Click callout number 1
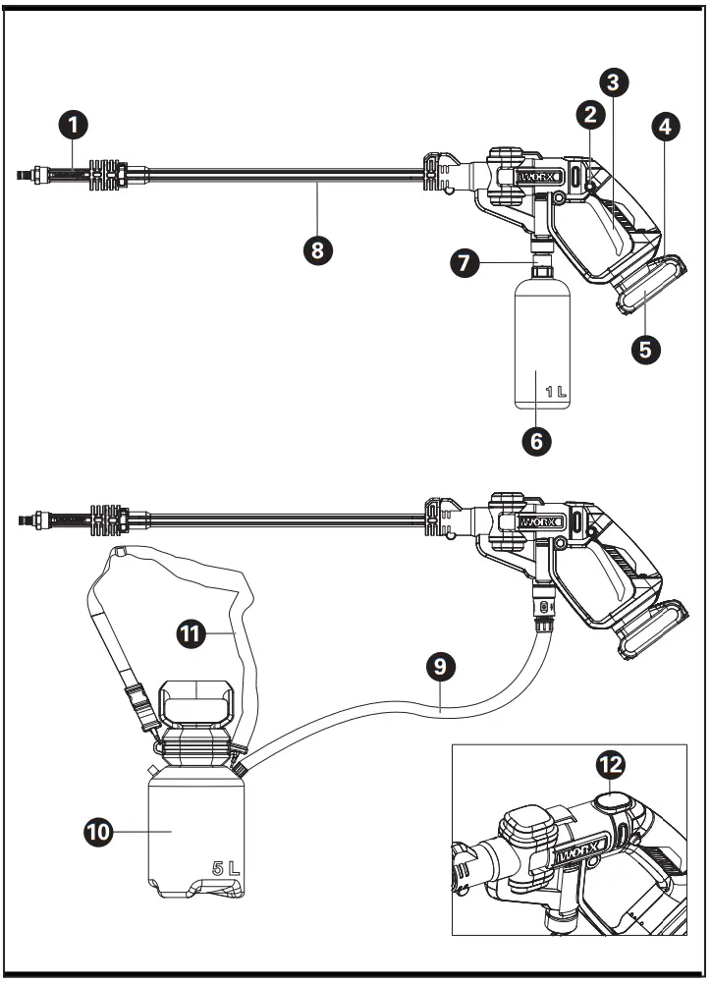[x=72, y=125]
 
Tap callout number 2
[x=589, y=114]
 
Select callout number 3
[x=615, y=83]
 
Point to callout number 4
[x=666, y=127]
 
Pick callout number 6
[x=536, y=441]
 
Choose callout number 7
[x=465, y=263]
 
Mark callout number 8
[x=316, y=248]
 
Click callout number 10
[x=98, y=831]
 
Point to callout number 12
[x=614, y=762]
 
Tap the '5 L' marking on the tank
[x=225, y=868]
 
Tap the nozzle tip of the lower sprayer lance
[x=26, y=518]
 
